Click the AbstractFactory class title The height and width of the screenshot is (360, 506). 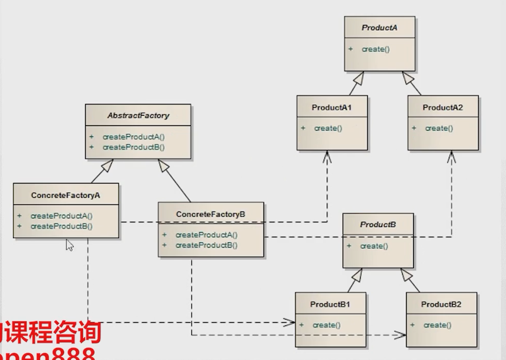138,115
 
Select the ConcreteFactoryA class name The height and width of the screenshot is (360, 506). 66,195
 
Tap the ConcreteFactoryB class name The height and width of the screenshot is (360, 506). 211,214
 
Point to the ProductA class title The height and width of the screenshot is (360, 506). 379,28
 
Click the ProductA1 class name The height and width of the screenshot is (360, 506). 332,107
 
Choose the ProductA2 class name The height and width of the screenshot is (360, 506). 443,107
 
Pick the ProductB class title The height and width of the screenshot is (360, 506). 378,225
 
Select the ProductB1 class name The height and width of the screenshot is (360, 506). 331,304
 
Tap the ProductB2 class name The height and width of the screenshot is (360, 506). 441,304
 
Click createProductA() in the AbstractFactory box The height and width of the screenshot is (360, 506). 134,137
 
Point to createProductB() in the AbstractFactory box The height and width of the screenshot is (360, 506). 134,147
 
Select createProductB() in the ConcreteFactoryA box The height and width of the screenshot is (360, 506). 62,226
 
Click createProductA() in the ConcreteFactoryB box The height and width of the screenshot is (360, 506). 206,235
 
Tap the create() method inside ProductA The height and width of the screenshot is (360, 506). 376,49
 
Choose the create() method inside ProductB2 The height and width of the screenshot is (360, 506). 437,325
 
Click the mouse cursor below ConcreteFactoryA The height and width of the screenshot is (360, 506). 70,245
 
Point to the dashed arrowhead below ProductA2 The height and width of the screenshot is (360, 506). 451,157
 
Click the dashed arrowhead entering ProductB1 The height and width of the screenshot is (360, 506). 290,322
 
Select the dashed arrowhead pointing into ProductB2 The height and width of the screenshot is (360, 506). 400,335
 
